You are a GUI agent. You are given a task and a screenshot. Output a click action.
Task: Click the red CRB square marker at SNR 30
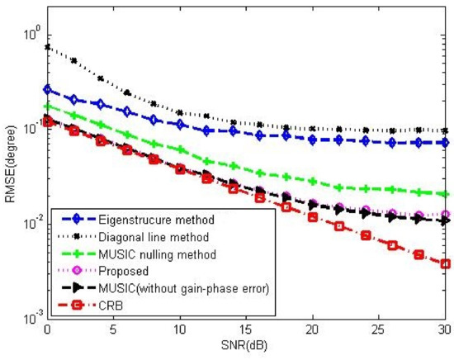coord(445,264)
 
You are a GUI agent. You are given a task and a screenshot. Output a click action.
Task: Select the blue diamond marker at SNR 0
coord(47,89)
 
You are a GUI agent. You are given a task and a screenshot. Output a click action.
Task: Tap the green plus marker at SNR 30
coord(445,194)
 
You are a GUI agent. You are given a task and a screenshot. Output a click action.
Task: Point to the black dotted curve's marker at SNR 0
coord(47,47)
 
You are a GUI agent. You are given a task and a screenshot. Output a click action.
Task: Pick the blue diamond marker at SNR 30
coord(445,142)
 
